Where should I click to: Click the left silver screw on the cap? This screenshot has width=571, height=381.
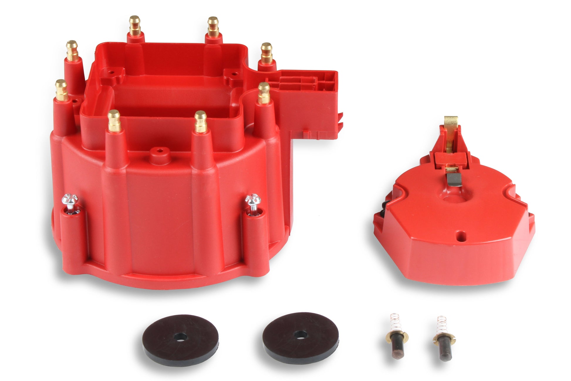pos(70,201)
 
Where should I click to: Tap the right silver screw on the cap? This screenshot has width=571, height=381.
pos(253,201)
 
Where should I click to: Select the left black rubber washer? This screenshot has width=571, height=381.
pos(181,340)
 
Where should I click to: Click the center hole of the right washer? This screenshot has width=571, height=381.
pos(300,334)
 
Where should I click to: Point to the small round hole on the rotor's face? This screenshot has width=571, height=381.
pos(460,235)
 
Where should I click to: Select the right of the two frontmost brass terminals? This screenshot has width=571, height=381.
pos(201,121)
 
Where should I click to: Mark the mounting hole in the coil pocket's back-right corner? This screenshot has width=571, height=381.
pos(234,73)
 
